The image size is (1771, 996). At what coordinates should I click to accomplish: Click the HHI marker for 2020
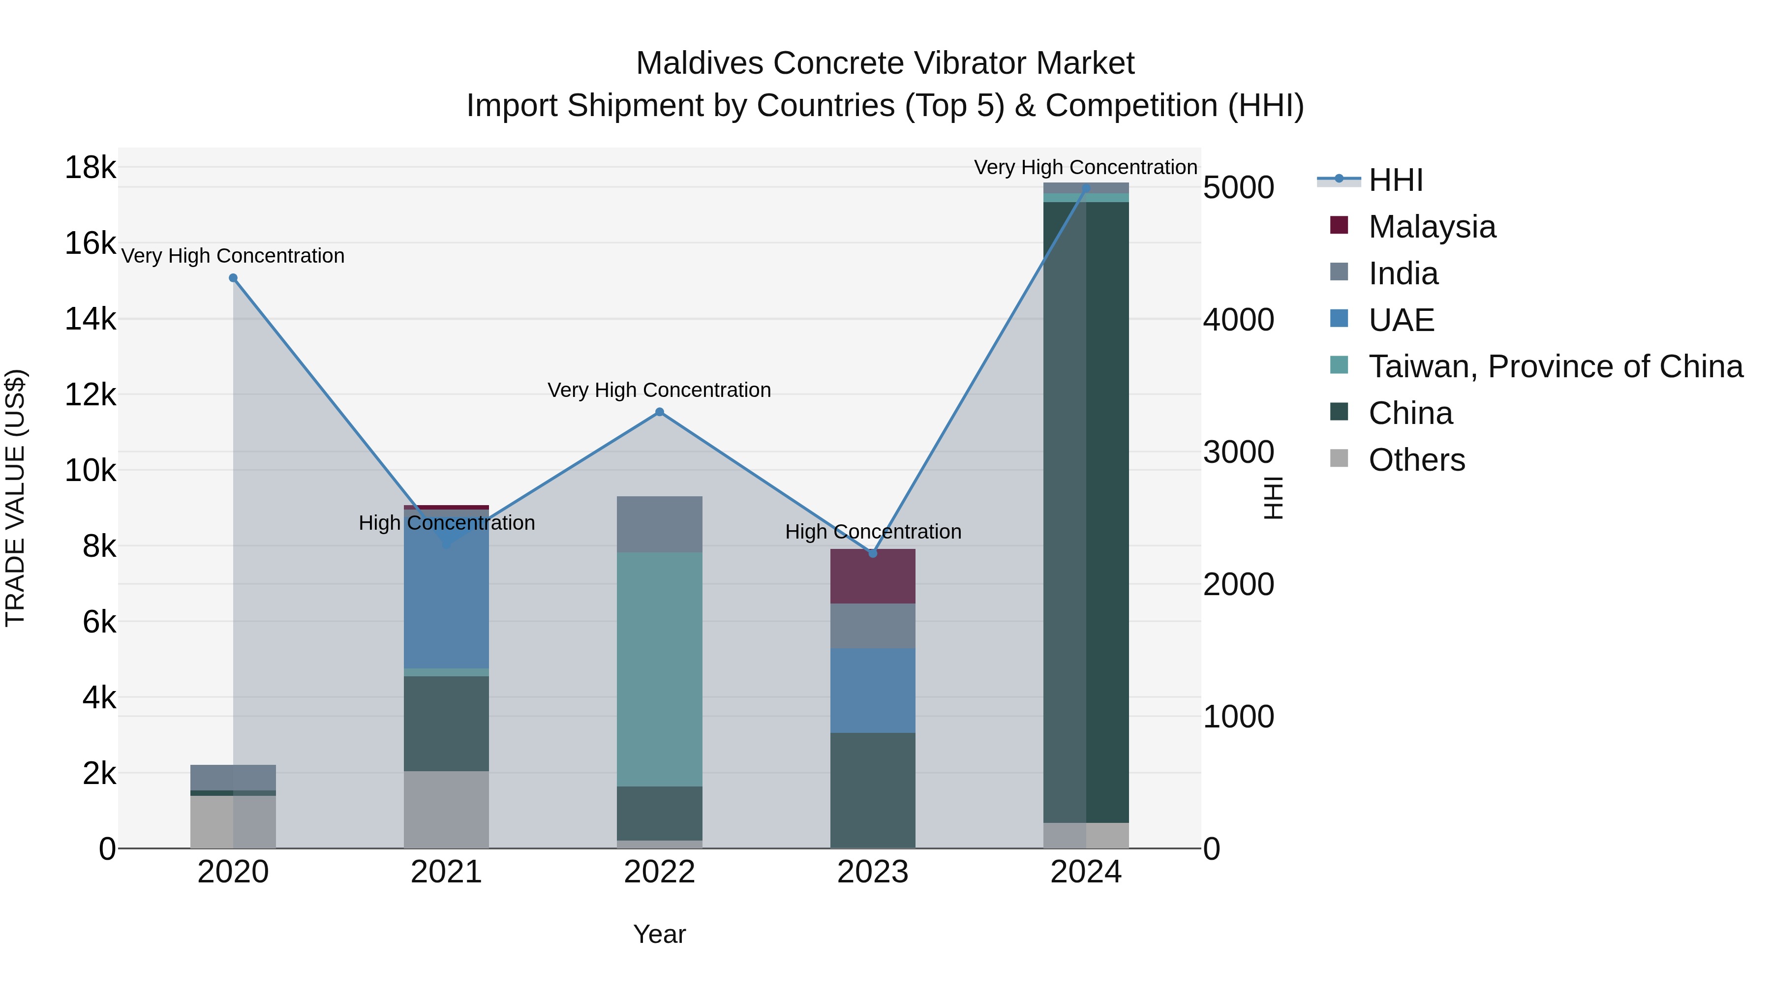[233, 278]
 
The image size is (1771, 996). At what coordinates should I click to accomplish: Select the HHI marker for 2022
[659, 412]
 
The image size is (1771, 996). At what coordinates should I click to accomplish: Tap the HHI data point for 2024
[1086, 188]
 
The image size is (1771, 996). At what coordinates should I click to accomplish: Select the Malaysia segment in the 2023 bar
[872, 576]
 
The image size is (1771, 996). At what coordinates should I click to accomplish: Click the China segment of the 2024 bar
[1086, 512]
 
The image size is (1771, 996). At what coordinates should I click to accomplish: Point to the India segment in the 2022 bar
[659, 524]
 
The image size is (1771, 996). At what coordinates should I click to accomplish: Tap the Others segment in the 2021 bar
[446, 809]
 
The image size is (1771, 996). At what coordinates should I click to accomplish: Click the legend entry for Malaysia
[1432, 227]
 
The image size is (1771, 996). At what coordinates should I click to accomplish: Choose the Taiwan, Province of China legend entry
[1555, 366]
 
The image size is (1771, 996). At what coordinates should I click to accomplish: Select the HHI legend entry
[1395, 180]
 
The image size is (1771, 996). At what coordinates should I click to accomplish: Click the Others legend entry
[1416, 460]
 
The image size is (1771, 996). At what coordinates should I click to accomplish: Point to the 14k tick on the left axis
[90, 319]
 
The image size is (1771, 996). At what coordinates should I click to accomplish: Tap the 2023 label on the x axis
[872, 872]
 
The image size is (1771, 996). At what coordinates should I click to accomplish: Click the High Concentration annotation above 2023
[872, 531]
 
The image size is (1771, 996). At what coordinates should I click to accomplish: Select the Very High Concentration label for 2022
[659, 390]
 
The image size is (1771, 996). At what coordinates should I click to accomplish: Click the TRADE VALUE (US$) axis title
[15, 498]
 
